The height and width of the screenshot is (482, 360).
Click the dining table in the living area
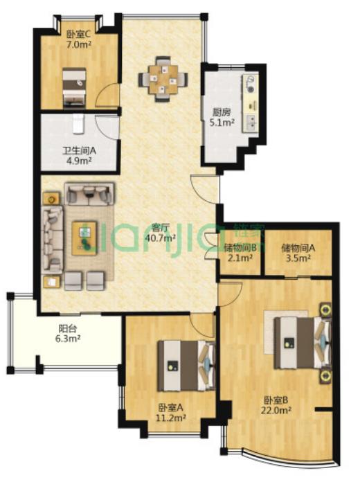tap(163, 80)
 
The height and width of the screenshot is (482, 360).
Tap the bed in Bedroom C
tap(74, 88)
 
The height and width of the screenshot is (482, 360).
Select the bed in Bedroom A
tap(186, 366)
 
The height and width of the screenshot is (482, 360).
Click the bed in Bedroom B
tap(303, 342)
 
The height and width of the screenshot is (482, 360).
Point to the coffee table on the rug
tap(84, 238)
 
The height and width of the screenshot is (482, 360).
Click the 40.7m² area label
tap(161, 238)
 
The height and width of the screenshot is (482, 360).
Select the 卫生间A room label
tap(80, 151)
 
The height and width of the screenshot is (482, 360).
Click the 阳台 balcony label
tap(68, 329)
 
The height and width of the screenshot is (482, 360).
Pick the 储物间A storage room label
tap(298, 248)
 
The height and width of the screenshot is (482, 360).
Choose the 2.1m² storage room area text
tap(240, 258)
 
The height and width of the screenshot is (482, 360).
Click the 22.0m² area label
tap(276, 410)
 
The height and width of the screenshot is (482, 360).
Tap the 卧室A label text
tap(171, 408)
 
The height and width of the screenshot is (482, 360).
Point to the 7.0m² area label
tap(79, 44)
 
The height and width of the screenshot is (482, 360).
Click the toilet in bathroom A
tap(78, 123)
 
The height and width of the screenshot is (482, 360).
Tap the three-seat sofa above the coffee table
tap(89, 194)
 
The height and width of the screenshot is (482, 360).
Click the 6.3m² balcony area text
tap(68, 339)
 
